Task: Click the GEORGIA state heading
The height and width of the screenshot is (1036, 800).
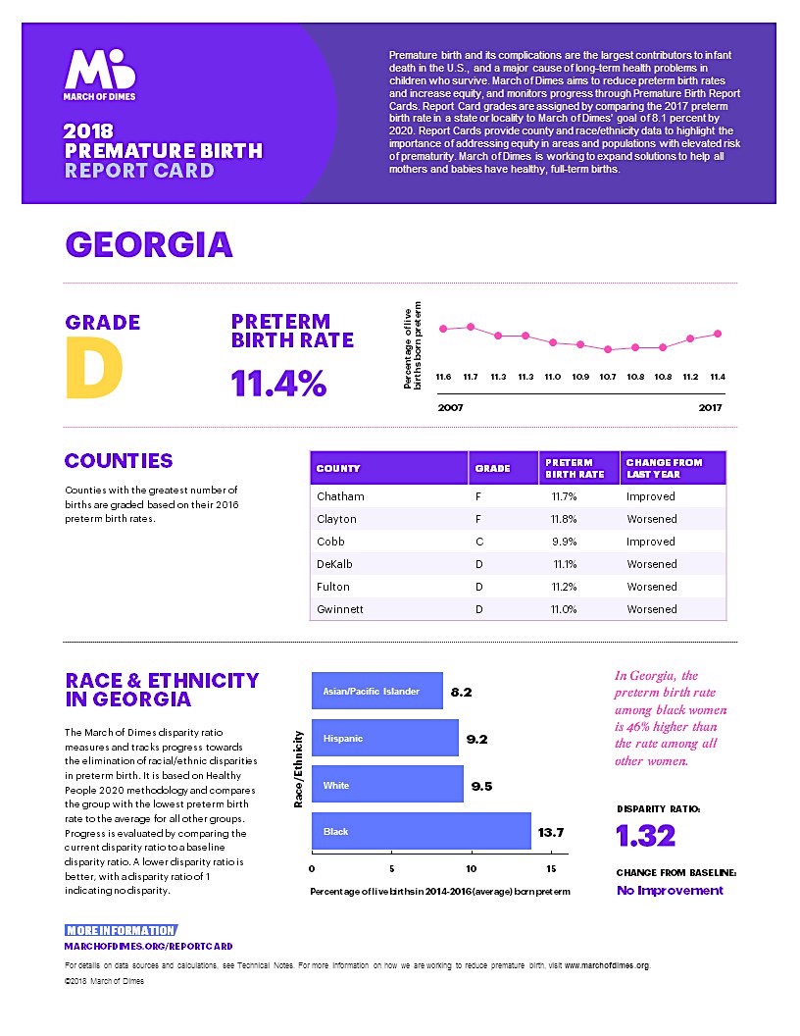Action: coord(148,244)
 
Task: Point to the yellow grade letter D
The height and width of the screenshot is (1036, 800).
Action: coord(94,368)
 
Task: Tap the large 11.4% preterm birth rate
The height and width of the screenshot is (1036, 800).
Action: coord(278,384)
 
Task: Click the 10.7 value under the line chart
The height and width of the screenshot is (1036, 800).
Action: coord(608,377)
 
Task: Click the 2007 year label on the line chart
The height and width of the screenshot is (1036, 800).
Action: coord(451,407)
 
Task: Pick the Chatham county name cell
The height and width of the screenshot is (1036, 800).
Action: coord(340,496)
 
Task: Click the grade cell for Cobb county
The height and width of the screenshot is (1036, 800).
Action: coord(477,542)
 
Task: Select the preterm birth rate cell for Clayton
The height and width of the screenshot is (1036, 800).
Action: coord(564,519)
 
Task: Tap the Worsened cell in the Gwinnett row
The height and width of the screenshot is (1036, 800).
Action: coord(651,609)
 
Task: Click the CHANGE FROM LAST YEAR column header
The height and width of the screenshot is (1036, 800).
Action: coord(664,468)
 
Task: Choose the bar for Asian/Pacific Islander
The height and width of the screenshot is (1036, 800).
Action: coord(376,691)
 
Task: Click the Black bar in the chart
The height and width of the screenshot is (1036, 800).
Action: coord(421,831)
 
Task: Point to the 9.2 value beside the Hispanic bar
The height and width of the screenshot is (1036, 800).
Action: coord(477,739)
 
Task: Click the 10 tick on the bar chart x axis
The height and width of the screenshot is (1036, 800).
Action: coord(472,869)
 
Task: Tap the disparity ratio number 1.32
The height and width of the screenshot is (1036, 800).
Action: coord(646,836)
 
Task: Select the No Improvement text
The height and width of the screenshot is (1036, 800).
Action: coord(670,891)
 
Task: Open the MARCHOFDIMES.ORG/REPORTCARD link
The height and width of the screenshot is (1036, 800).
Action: coord(148,946)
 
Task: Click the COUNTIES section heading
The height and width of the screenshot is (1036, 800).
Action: coord(119,461)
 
